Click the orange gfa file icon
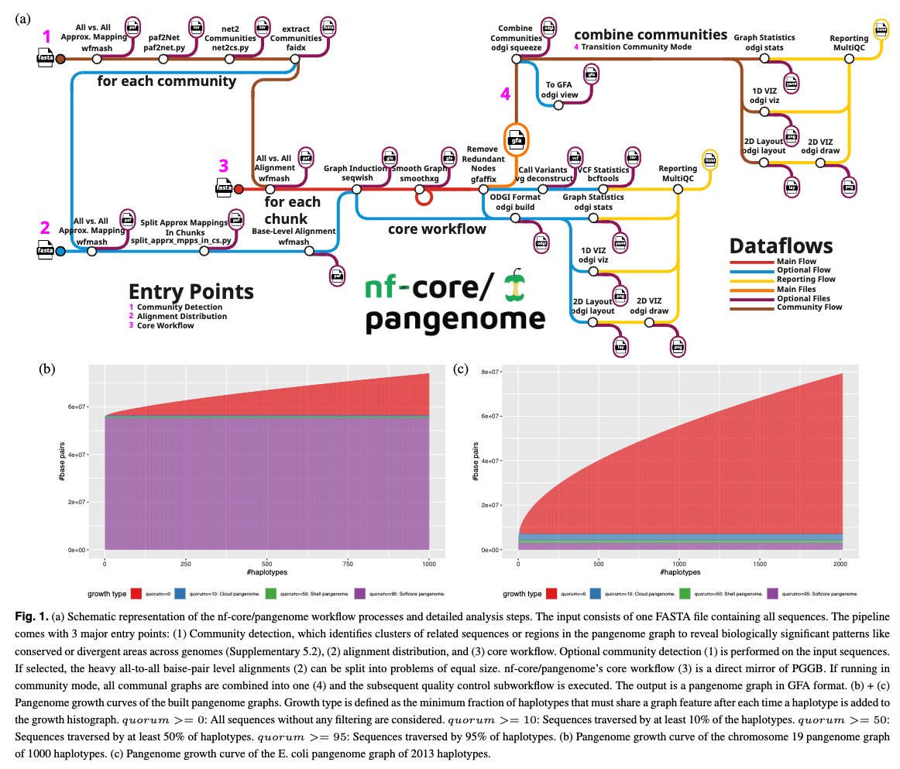515,141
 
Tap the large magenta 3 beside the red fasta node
223,166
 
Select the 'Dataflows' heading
781,246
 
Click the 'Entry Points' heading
191,291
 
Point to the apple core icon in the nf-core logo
513,285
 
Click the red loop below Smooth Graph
423,199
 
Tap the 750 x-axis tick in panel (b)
347,564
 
